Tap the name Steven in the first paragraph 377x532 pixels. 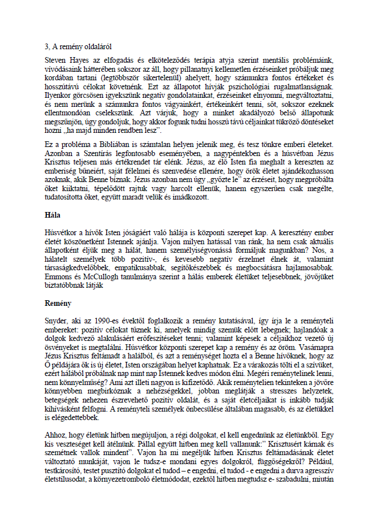[x=57, y=59]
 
